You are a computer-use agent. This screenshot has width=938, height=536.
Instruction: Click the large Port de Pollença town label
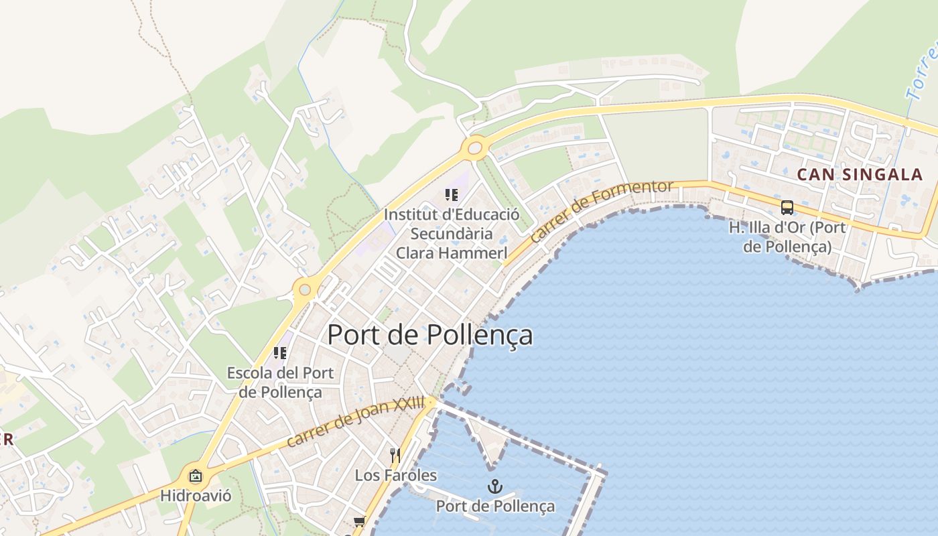pyautogui.click(x=429, y=335)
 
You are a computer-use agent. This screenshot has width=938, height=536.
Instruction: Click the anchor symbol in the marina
pyautogui.click(x=494, y=486)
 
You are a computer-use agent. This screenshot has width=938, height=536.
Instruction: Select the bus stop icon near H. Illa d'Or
pyautogui.click(x=787, y=207)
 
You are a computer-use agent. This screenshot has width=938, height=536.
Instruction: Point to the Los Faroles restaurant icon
pyautogui.click(x=395, y=456)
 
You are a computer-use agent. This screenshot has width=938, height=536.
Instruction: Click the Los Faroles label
pyautogui.click(x=395, y=476)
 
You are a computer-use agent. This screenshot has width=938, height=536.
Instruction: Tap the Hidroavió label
pyautogui.click(x=196, y=496)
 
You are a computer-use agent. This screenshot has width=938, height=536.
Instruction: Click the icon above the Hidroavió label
pyautogui.click(x=196, y=476)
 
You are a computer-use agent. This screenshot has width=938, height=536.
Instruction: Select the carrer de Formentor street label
pyautogui.click(x=601, y=210)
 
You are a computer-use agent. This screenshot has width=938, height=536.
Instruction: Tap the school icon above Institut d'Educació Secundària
pyautogui.click(x=452, y=195)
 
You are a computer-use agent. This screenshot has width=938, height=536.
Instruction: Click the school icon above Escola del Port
pyautogui.click(x=280, y=352)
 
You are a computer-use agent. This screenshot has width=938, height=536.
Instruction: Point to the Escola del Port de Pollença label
pyautogui.click(x=280, y=383)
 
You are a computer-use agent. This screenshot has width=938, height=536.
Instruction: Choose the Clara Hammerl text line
pyautogui.click(x=451, y=253)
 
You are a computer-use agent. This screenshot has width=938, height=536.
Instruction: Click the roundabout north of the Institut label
pyautogui.click(x=476, y=147)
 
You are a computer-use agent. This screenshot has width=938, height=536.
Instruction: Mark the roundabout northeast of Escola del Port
pyautogui.click(x=306, y=289)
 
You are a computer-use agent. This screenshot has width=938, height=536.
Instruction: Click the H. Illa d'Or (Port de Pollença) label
pyautogui.click(x=787, y=237)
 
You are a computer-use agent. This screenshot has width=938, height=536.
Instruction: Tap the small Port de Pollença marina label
pyautogui.click(x=495, y=506)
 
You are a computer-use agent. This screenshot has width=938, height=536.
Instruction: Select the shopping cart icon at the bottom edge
pyautogui.click(x=360, y=521)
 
